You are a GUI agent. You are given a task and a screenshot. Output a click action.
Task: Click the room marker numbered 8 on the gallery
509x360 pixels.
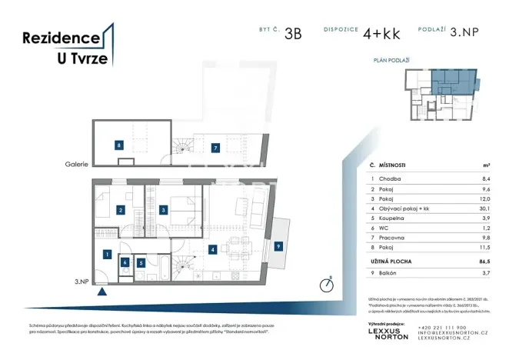[119, 145]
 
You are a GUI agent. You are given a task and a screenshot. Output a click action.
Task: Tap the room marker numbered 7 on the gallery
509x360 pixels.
[216, 148]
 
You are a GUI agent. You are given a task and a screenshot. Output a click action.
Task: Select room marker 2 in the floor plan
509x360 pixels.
[121, 209]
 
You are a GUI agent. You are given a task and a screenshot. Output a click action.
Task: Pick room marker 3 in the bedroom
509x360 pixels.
[164, 209]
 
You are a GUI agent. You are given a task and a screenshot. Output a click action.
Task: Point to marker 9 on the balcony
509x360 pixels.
[278, 246]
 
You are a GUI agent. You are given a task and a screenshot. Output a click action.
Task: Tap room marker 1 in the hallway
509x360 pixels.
[107, 254]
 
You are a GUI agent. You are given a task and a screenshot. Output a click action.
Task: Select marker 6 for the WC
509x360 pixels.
[125, 262]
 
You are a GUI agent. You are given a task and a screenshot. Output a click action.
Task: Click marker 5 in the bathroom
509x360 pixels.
[141, 262]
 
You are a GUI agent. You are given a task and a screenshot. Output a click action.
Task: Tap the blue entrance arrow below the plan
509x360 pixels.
[101, 291]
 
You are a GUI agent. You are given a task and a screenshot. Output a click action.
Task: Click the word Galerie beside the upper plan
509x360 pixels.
[76, 164]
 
